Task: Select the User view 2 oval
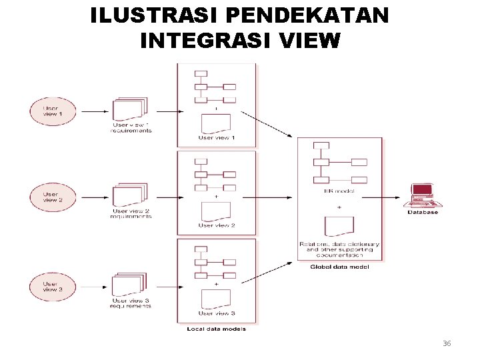coord(53,197)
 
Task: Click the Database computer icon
coord(423,196)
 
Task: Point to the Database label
coord(423,212)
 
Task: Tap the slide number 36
coord(447,343)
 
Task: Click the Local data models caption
coord(215,329)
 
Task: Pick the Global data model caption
coord(339,267)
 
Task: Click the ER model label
coord(339,191)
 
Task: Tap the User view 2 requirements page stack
coord(129,196)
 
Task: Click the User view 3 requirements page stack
coord(129,284)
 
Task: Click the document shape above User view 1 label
coord(216,123)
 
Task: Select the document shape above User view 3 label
coord(216,299)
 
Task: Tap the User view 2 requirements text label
coord(131,214)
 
